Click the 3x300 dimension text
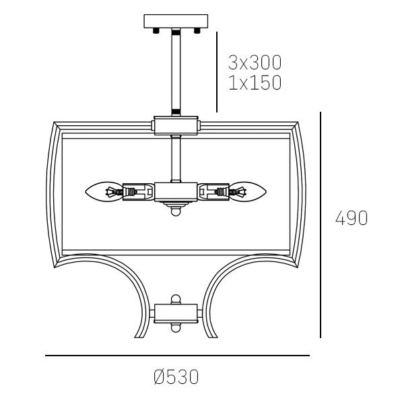pos(255,63)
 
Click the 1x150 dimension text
pos(255,82)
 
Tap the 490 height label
pos(352,218)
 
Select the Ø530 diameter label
pos(176,377)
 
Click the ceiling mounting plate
pos(176,21)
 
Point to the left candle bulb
pos(104,192)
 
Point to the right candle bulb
pos(247,192)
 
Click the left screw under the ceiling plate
pos(156,31)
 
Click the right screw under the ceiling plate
pos(197,31)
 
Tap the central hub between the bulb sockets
pos(176,192)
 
